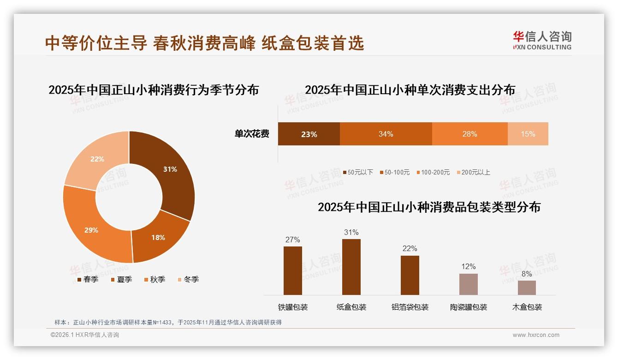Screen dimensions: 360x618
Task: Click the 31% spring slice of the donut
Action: [x=170, y=169]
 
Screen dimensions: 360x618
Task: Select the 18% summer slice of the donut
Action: [x=158, y=238]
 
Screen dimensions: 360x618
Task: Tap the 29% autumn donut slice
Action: [x=91, y=230]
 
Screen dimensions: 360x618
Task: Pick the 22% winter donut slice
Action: [x=97, y=159]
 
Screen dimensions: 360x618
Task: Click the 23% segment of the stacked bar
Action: [x=309, y=134]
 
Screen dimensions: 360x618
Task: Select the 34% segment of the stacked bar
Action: [x=386, y=134]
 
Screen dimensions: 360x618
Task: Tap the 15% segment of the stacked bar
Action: [x=528, y=134]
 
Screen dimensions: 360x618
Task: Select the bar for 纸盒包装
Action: [x=351, y=267]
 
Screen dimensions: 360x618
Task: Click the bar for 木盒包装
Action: [x=527, y=288]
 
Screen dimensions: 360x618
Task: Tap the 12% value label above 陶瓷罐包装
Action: [x=468, y=267]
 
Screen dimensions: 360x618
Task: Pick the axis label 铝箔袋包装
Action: [x=410, y=307]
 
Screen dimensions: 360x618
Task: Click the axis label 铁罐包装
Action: [x=293, y=307]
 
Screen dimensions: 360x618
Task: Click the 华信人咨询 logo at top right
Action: [x=542, y=40]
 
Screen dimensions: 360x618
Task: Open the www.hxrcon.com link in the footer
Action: [x=536, y=335]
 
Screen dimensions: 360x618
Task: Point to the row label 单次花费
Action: [x=252, y=134]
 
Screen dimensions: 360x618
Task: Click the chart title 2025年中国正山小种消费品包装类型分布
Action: [x=429, y=207]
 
